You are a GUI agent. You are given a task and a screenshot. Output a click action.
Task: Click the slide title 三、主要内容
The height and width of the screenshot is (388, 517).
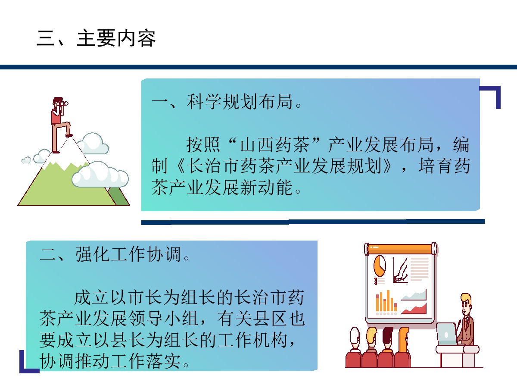tap(96, 38)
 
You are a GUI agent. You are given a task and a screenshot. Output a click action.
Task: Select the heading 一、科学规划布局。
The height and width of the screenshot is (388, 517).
tap(227, 102)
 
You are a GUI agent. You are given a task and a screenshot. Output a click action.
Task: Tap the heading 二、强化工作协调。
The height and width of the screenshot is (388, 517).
tap(115, 254)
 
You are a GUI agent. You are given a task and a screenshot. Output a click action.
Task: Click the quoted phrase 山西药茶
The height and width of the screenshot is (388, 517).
tap(274, 144)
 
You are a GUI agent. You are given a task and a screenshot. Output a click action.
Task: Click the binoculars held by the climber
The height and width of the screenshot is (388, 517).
tap(64, 103)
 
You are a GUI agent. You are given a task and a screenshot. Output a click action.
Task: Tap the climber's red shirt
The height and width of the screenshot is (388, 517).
tap(56, 117)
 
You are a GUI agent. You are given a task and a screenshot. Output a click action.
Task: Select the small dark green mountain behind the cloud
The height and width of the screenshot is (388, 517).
tap(119, 196)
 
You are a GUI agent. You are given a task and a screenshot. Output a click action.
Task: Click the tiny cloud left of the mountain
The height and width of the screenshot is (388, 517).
tap(26, 160)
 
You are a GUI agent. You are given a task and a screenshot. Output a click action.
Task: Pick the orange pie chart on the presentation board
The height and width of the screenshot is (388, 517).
tap(380, 266)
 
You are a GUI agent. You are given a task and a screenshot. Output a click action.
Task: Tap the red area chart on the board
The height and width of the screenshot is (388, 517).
tap(414, 309)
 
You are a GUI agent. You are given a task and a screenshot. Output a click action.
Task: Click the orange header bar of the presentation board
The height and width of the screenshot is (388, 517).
tap(401, 249)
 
